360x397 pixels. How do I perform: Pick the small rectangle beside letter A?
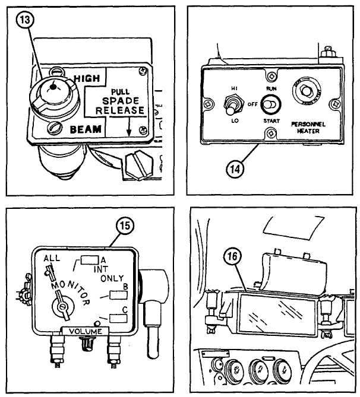[x=90, y=259]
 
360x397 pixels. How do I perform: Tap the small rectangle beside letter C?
[x=119, y=318]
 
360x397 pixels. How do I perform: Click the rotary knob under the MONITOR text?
[x=62, y=307]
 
